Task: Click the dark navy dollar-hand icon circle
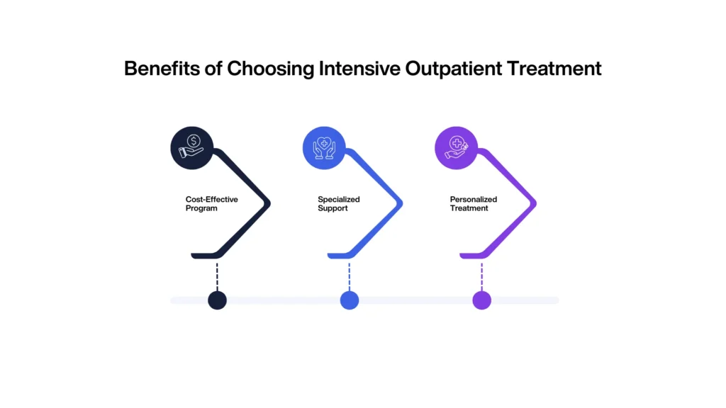(192, 148)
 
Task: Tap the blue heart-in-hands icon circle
(324, 148)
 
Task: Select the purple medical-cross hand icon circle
(456, 148)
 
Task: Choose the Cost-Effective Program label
(211, 204)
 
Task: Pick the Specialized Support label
(338, 204)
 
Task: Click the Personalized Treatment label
(473, 204)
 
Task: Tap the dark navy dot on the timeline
(217, 300)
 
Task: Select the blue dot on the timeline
(350, 300)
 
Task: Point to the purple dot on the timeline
(481, 300)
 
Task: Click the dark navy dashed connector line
(217, 275)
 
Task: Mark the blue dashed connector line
(350, 275)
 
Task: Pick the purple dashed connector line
(481, 275)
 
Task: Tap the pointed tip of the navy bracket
(269, 204)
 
